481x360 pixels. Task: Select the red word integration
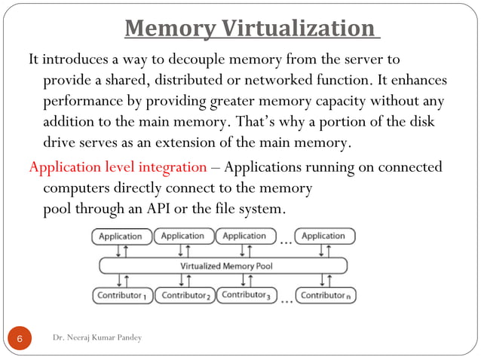point(170,166)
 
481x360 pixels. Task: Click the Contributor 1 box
point(121,295)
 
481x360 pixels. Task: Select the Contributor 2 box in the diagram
point(185,295)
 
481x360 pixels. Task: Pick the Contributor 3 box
point(246,294)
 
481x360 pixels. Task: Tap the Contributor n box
point(326,295)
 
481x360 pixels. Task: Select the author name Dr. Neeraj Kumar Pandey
point(97,337)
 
